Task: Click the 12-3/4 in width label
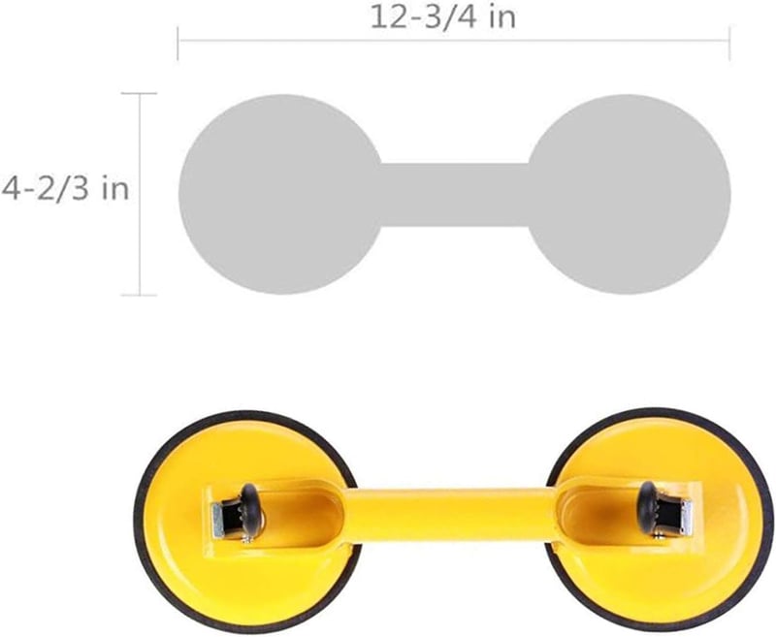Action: tap(443, 17)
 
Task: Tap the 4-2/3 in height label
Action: tap(65, 188)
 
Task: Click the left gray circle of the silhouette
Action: tap(280, 194)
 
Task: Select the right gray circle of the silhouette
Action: tap(629, 194)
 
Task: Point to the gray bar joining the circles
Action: tap(455, 195)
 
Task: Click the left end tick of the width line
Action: tap(178, 44)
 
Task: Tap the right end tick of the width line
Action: tap(729, 44)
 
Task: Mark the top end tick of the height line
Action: tap(139, 93)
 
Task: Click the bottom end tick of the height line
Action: tap(139, 296)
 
